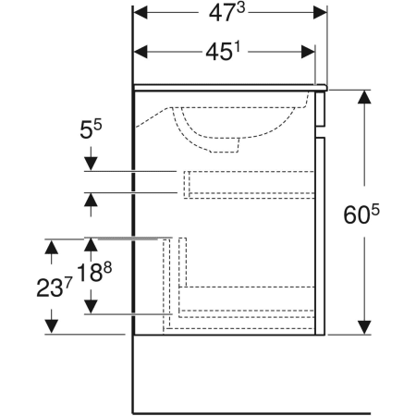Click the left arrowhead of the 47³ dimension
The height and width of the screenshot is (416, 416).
(x=141, y=13)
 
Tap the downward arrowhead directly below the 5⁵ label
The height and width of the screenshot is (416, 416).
(x=91, y=164)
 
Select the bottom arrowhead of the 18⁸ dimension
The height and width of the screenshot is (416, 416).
(x=91, y=306)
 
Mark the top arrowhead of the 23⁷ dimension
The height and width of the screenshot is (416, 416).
(x=53, y=246)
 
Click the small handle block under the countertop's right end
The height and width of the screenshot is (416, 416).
(x=323, y=111)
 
